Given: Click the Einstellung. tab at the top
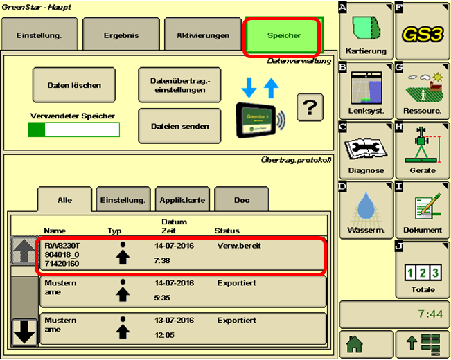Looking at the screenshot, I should (39, 35).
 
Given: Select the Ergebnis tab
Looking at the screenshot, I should (121, 35).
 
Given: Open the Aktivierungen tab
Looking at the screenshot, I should (202, 35).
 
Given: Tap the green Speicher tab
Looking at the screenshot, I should (282, 35).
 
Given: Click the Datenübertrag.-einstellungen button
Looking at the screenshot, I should (179, 85).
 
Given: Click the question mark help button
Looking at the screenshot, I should (310, 107).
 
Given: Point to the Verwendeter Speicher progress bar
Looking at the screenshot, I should (73, 129).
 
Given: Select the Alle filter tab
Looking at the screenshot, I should (64, 200).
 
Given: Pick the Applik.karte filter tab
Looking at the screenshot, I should (182, 200).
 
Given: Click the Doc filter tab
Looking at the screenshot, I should (241, 200).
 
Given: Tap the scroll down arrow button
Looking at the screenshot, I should (24, 332).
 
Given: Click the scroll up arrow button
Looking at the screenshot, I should (24, 250).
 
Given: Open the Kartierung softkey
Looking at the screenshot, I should (366, 30).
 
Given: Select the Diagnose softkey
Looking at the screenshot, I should (366, 148).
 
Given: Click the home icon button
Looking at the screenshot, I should (365, 343).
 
